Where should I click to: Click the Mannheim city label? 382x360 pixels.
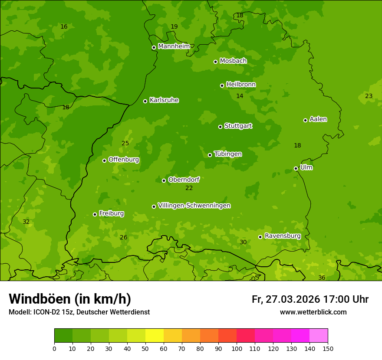point(174,46)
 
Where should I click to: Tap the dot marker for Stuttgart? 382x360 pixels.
point(220,127)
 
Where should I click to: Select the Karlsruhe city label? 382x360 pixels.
point(164,100)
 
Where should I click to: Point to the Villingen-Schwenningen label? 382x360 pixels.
point(194,206)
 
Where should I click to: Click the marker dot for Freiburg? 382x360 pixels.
point(95,214)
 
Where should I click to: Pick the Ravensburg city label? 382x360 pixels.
point(282,236)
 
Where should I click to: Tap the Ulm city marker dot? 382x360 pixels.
point(296,168)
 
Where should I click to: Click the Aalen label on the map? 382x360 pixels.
point(318,119)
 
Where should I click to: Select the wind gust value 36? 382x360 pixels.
point(322,278)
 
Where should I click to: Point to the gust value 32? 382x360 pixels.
point(26,222)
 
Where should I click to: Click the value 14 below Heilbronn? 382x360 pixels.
point(240,96)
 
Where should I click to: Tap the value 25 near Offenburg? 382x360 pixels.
point(125,143)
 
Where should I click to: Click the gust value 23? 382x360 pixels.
point(369,96)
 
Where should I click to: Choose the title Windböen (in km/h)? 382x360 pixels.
point(70,299)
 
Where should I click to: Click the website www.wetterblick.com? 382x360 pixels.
point(313,312)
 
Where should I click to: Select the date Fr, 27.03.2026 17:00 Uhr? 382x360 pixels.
point(310,299)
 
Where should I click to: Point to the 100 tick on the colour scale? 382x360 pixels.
point(237,348)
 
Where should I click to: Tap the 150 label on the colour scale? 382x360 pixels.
point(328,348)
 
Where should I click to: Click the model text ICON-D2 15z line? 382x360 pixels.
point(79,312)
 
